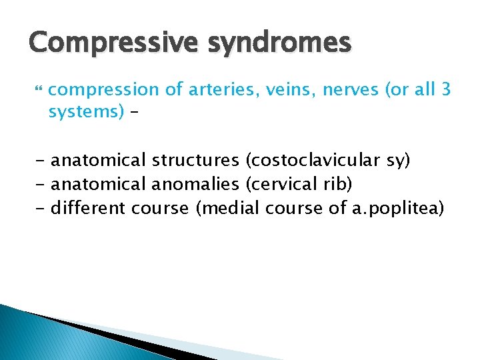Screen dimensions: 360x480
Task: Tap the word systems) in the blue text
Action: pyautogui.click(x=86, y=111)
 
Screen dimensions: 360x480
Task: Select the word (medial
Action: pyautogui.click(x=228, y=209)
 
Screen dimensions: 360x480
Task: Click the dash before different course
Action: pyautogui.click(x=41, y=209)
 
